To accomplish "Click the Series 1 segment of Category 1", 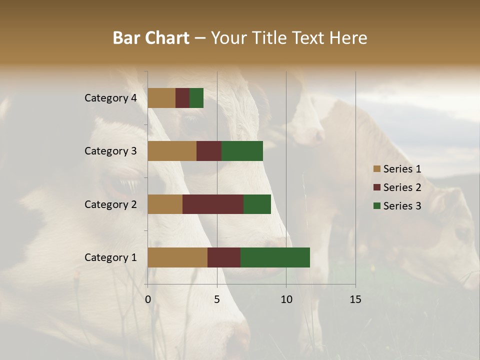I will [177, 257].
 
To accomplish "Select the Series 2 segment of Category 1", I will [224, 257].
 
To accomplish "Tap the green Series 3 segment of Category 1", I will [275, 257].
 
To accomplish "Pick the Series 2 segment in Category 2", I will [213, 204].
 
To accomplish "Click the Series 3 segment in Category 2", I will [257, 204].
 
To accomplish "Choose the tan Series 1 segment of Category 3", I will [172, 151].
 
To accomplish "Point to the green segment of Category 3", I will [242, 151].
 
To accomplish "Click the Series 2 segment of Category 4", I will [182, 98].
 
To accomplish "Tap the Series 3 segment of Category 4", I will [196, 98].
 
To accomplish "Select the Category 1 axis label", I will [110, 257].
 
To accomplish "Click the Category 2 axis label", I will [110, 204].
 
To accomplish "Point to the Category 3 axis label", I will [110, 151].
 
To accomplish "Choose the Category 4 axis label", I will [110, 98].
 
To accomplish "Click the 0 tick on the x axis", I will [148, 299].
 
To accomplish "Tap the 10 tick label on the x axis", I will [286, 299].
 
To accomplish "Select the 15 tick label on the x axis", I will [355, 299].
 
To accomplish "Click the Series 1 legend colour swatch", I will [377, 169].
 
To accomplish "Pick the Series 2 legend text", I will [402, 187].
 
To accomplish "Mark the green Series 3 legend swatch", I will [377, 206].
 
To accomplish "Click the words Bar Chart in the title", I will [151, 38].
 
